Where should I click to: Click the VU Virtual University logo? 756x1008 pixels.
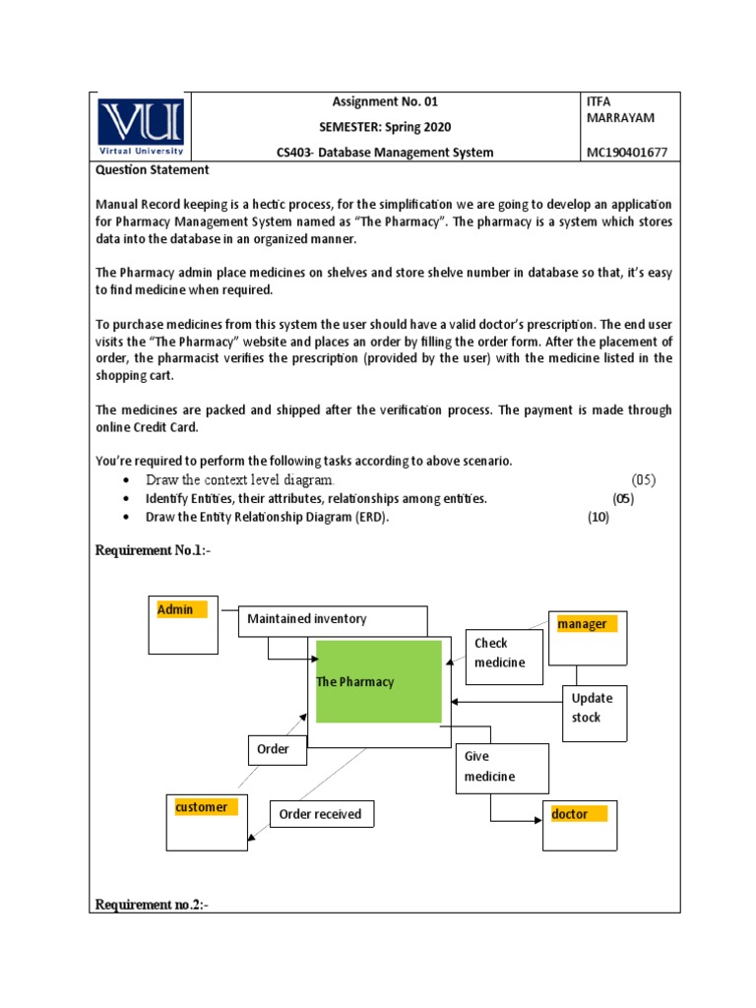[141, 126]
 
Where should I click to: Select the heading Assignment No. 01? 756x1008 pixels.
[385, 101]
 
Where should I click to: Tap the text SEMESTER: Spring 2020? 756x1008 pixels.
[385, 127]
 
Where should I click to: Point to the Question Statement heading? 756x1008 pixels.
[152, 169]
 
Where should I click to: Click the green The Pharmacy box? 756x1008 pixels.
[378, 681]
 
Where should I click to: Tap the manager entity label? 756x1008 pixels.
[584, 624]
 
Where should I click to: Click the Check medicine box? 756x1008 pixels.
[499, 654]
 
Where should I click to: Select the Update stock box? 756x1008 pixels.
[594, 709]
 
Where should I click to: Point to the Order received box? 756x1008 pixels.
[322, 814]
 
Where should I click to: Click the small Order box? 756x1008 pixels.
[276, 749]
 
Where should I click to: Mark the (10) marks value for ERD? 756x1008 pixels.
[598, 518]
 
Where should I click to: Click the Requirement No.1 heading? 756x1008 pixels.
[152, 550]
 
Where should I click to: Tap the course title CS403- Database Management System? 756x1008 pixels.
[385, 152]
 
